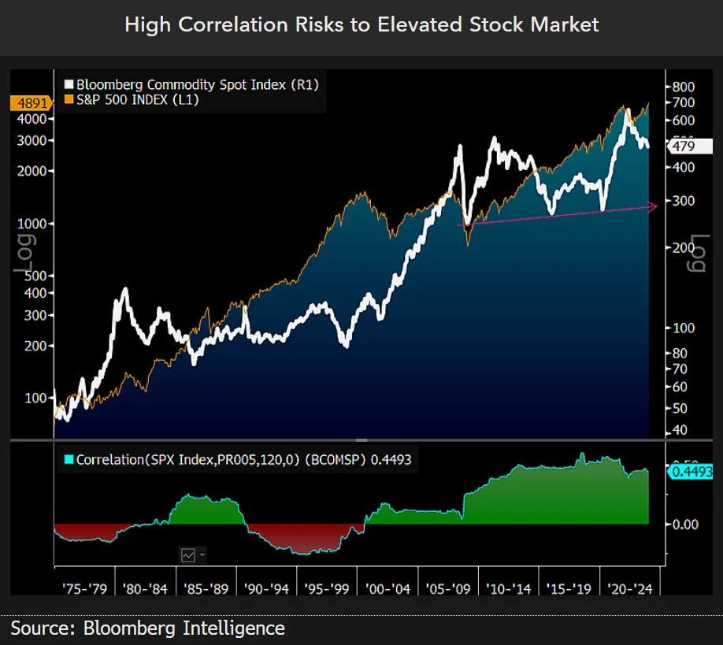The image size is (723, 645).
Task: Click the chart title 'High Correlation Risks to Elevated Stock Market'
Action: tap(361, 24)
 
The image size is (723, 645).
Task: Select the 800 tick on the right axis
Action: tap(683, 87)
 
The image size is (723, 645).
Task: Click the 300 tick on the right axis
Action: tap(683, 201)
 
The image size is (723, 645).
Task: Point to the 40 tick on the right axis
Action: tap(679, 430)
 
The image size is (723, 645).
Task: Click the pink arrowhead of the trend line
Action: tap(653, 206)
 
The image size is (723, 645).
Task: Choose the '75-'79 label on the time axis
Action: tap(84, 588)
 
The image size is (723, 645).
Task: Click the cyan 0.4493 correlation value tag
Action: tap(691, 472)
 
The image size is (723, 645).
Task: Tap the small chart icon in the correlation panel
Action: tap(189, 554)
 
